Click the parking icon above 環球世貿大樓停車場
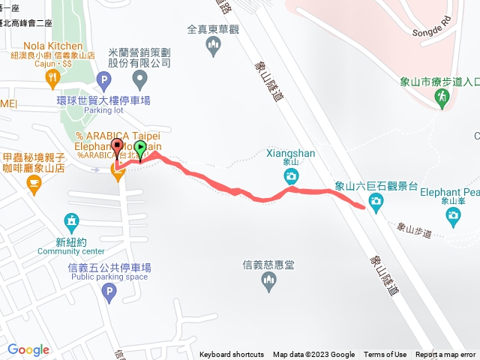[103, 78]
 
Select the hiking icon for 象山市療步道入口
[442, 97]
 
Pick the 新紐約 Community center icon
[71, 222]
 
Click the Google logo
[28, 349]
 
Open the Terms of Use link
[385, 355]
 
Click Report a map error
[445, 355]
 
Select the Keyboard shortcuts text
[232, 355]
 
